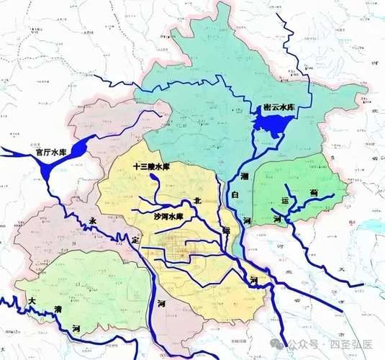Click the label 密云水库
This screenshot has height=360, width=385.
pyautogui.click(x=277, y=108)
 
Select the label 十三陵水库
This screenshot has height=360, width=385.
pyautogui.click(x=151, y=166)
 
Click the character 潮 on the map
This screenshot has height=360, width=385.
pyautogui.click(x=244, y=176)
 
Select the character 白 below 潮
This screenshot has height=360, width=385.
pyautogui.click(x=235, y=195)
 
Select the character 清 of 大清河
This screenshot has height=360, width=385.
pyautogui.click(x=58, y=310)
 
